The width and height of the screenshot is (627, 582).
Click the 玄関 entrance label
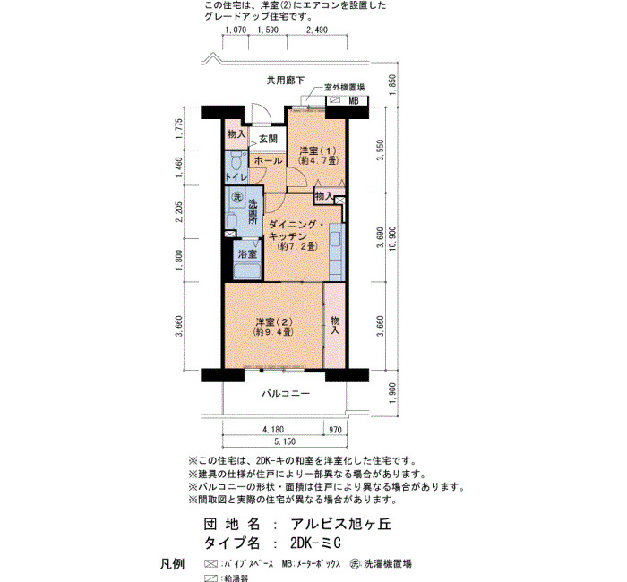click(x=268, y=139)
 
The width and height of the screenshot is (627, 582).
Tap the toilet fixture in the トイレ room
click(x=237, y=161)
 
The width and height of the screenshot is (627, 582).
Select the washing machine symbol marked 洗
click(x=238, y=197)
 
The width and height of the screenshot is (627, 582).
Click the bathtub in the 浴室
click(x=247, y=271)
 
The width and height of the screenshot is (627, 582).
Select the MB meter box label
click(x=354, y=100)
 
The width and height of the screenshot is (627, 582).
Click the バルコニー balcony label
click(x=286, y=394)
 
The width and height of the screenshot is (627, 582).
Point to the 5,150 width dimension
click(x=285, y=441)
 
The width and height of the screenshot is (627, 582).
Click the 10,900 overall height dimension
click(x=392, y=238)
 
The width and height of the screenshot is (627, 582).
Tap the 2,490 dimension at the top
click(x=317, y=30)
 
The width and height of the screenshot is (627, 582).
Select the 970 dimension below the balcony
click(x=335, y=430)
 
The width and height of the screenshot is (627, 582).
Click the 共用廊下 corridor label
click(x=286, y=81)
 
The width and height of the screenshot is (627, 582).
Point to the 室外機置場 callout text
click(x=344, y=87)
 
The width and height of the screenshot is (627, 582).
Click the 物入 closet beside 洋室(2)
click(x=335, y=325)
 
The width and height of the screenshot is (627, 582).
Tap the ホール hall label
click(x=268, y=161)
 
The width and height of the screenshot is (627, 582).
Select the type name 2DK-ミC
click(x=316, y=543)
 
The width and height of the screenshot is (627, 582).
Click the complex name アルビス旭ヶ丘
click(x=341, y=524)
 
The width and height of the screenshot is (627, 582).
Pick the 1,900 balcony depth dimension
click(x=392, y=393)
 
